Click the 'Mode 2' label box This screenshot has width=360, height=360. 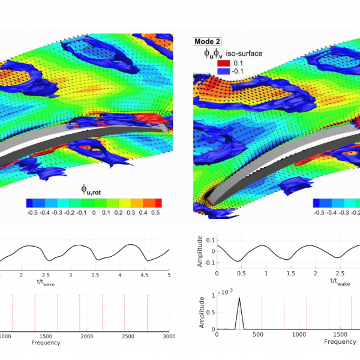[207, 42]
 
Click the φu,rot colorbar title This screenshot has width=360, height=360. [95, 190]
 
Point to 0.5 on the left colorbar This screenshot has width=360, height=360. [155, 212]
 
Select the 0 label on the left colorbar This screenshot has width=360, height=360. [94, 212]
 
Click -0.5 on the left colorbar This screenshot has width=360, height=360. [32, 212]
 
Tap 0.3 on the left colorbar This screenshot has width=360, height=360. [131, 212]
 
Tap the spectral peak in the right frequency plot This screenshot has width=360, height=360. [239, 298]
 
